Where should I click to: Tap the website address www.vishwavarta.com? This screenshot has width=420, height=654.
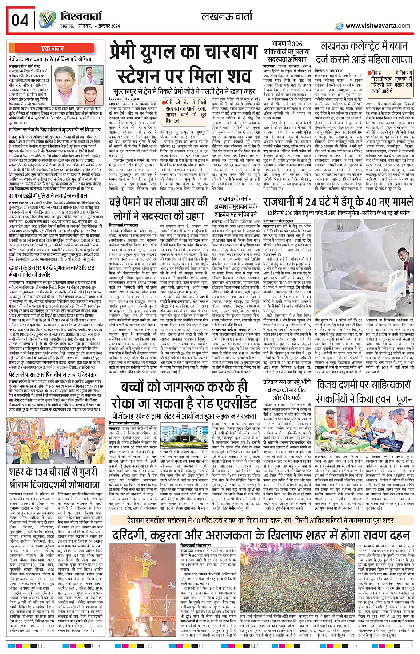click(378, 26)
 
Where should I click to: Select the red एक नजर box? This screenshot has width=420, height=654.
click(52, 48)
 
